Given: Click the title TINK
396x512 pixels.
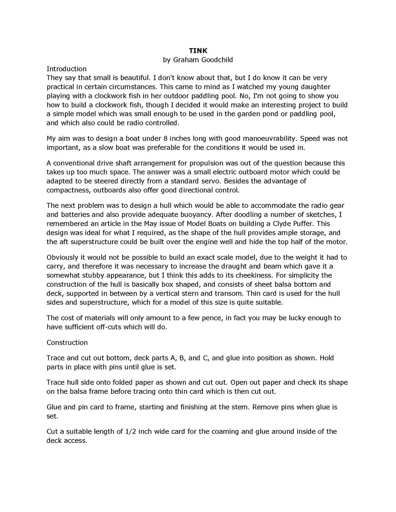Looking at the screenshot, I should coord(198,51).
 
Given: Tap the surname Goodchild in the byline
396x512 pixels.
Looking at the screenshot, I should coord(214,60).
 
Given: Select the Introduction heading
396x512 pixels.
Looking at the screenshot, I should coord(66,69).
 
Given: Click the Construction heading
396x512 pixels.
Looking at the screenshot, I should coord(67,342).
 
